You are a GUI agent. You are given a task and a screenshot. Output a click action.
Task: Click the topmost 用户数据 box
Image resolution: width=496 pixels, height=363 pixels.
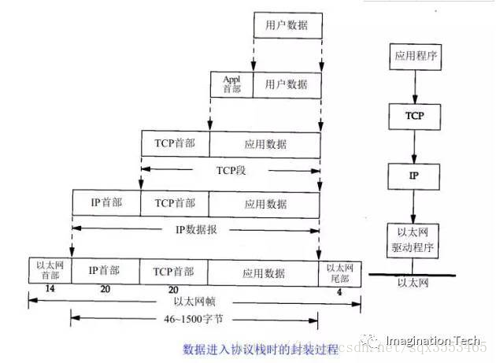pos(287,26)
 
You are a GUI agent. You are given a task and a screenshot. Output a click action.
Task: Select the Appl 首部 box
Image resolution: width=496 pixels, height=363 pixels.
pos(231,84)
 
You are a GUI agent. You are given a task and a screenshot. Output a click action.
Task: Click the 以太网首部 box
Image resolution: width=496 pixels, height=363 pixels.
pos(49,271)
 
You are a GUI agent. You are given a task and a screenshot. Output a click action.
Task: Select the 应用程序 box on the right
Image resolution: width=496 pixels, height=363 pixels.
pos(414,57)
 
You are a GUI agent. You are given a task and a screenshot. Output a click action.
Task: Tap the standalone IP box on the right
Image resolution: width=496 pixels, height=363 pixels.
pos(414,175)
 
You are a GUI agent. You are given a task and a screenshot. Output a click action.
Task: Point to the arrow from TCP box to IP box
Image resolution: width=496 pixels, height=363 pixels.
pos(414,144)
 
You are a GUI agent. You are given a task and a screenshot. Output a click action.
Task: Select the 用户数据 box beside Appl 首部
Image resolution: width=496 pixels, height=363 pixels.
pos(287,84)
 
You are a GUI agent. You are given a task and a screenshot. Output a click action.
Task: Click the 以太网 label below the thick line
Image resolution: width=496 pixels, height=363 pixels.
pos(414,284)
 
